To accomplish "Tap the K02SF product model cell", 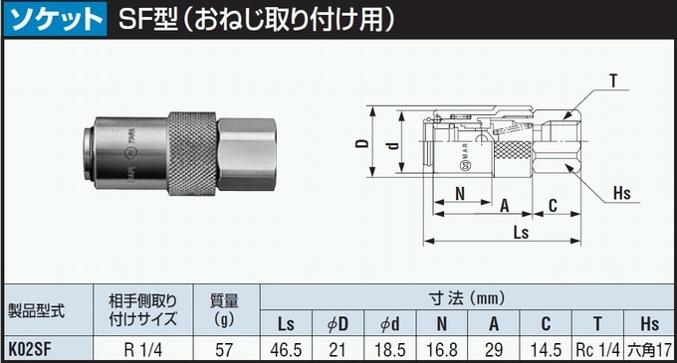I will pyautogui.click(x=34, y=349).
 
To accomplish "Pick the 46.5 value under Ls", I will pyautogui.click(x=286, y=349).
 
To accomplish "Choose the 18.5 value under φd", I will pyautogui.click(x=390, y=349).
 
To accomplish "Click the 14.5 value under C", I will pyautogui.click(x=546, y=349).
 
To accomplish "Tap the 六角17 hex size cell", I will pyautogui.click(x=649, y=349).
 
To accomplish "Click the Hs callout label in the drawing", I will pyautogui.click(x=622, y=193).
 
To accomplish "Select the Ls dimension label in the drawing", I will pyautogui.click(x=520, y=232).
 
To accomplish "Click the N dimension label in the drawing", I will pyautogui.click(x=461, y=193).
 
